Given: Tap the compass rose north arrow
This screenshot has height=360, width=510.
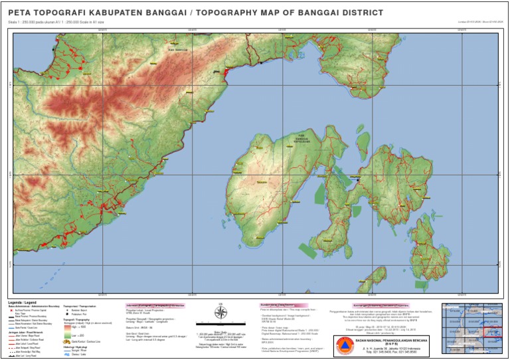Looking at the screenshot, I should (221, 312).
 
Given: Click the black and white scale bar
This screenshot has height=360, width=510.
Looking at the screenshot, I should (220, 327).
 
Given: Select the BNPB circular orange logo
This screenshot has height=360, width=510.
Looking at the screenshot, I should (344, 346).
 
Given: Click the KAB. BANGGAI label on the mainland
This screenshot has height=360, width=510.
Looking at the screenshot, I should (175, 50).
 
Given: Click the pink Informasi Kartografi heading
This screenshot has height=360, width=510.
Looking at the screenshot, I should (154, 306).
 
